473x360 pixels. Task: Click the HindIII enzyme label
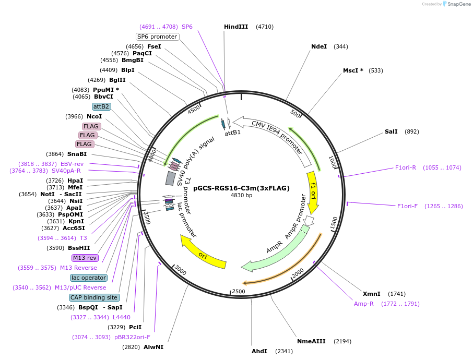tap(236, 27)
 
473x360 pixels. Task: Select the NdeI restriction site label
tap(319, 46)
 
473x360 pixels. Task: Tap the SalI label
tap(391, 131)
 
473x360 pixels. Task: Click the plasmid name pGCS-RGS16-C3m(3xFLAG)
tap(241, 188)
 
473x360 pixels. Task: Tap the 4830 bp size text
tap(241, 195)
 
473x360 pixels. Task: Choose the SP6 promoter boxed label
tap(157, 37)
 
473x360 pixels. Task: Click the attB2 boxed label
tap(101, 106)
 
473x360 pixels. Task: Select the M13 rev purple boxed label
tap(85, 258)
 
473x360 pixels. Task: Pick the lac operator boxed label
tap(89, 278)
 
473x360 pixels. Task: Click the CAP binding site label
tap(94, 297)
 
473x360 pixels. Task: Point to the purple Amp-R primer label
tap(363, 304)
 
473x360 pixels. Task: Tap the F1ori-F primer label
tap(407, 206)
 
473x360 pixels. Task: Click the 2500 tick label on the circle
tap(239, 292)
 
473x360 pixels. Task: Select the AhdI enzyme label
tap(259, 351)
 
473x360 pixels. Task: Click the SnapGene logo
tap(456, 4)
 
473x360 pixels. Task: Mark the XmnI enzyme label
tap(371, 294)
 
